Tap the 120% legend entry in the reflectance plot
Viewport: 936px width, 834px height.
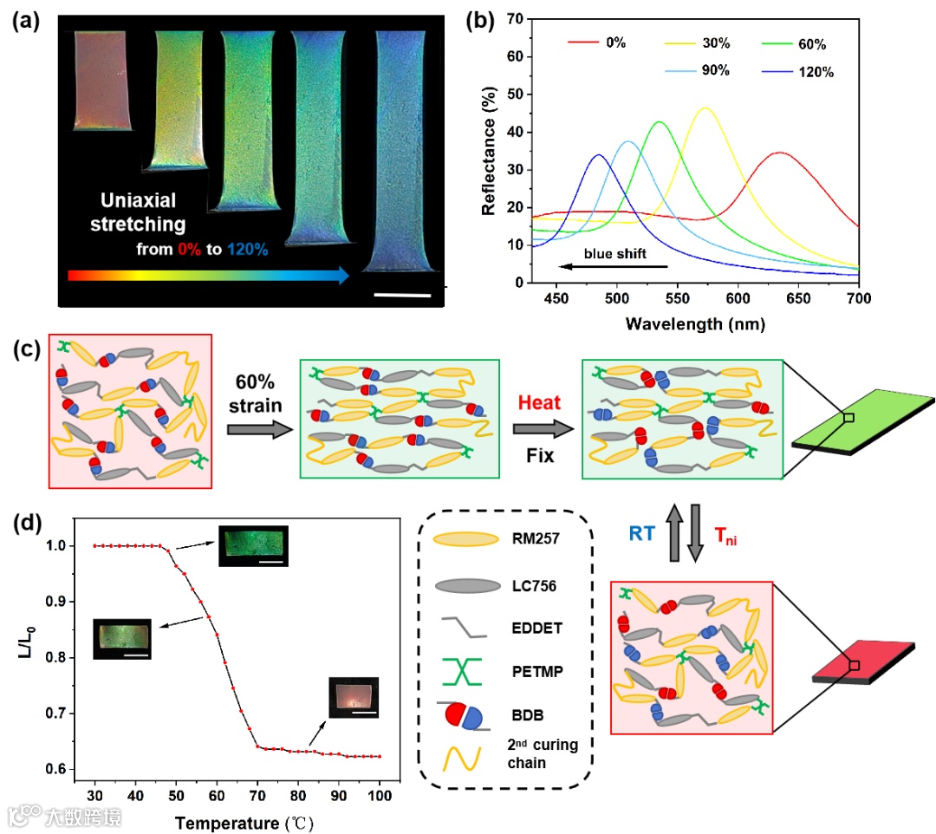(816, 73)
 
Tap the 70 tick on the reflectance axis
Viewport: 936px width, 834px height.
(517, 18)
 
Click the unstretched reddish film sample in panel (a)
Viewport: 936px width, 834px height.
(104, 80)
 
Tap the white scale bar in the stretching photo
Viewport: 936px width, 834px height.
(402, 296)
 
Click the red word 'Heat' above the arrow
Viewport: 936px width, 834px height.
(540, 402)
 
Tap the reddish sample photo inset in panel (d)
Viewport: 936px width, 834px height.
(354, 698)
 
